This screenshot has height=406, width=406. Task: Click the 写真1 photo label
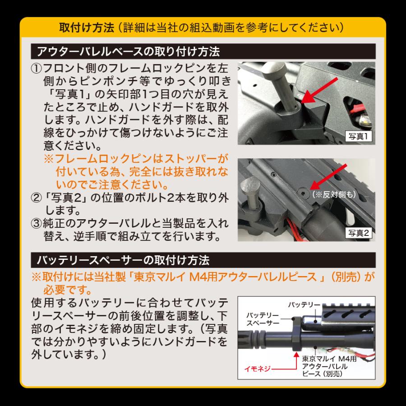pyautogui.click(x=359, y=136)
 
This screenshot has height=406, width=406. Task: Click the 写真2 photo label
pyautogui.click(x=359, y=233)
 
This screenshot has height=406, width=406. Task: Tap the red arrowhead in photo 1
pyautogui.click(x=307, y=97)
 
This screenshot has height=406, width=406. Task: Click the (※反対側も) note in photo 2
pyautogui.click(x=334, y=194)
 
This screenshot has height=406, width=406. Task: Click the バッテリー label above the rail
pyautogui.click(x=304, y=305)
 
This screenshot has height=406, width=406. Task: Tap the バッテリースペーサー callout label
pyautogui.click(x=263, y=319)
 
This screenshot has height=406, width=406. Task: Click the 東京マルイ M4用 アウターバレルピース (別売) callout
pyautogui.click(x=329, y=366)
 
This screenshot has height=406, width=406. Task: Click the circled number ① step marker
pyautogui.click(x=36, y=69)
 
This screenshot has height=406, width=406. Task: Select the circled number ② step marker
pyautogui.click(x=36, y=198)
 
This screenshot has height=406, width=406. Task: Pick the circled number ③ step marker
pyautogui.click(x=36, y=223)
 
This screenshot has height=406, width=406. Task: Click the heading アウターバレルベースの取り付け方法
pyautogui.click(x=129, y=51)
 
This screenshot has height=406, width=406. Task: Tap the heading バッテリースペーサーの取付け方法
pyautogui.click(x=123, y=260)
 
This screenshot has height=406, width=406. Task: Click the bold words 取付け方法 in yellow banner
pyautogui.click(x=87, y=28)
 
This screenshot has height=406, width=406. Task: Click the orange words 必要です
pyautogui.click(x=67, y=290)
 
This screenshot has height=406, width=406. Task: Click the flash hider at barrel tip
pyautogui.click(x=253, y=337)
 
